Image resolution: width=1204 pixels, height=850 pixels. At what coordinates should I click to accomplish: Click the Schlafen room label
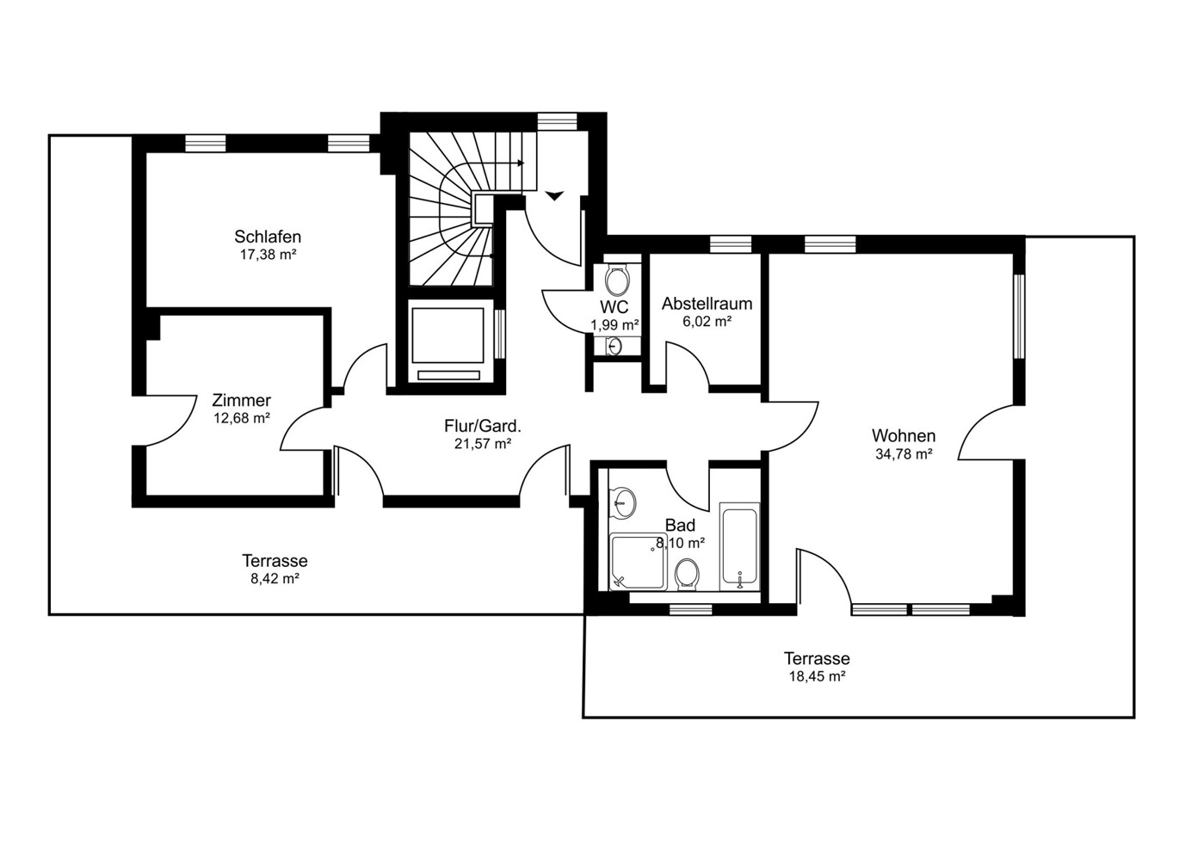click(x=268, y=237)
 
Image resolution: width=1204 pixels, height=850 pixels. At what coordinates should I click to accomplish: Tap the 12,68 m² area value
click(x=242, y=418)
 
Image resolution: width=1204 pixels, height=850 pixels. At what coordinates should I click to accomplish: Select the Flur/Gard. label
click(x=483, y=426)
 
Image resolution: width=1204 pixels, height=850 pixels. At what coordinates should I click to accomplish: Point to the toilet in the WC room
click(x=617, y=279)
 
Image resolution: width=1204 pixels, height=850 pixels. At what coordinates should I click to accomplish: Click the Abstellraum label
click(x=707, y=304)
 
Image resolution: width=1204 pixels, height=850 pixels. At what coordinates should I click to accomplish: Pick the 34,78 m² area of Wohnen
click(x=904, y=454)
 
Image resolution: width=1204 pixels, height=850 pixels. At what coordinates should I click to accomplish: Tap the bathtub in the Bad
click(x=739, y=546)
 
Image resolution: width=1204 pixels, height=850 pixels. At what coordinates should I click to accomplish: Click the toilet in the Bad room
click(x=687, y=575)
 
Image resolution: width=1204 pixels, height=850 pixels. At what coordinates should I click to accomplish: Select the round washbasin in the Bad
click(x=623, y=503)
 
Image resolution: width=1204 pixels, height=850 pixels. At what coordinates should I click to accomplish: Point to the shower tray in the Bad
click(x=638, y=562)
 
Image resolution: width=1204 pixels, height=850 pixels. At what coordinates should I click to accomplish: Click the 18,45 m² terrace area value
click(x=817, y=676)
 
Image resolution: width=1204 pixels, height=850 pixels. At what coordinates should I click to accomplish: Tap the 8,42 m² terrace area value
click(x=275, y=579)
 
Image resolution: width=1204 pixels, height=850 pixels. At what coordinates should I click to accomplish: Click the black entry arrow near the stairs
click(x=554, y=195)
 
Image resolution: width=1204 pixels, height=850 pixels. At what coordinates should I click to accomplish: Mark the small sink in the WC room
click(x=614, y=347)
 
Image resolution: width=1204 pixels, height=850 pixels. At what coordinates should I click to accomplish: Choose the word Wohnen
click(x=904, y=435)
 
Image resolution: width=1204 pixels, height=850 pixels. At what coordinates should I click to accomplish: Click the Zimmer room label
click(x=241, y=400)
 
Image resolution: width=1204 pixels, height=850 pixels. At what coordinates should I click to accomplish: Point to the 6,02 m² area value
click(x=707, y=322)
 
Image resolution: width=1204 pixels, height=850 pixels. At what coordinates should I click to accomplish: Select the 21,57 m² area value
click(x=483, y=444)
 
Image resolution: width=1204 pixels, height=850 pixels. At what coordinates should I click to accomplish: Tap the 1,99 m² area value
click(x=614, y=324)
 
